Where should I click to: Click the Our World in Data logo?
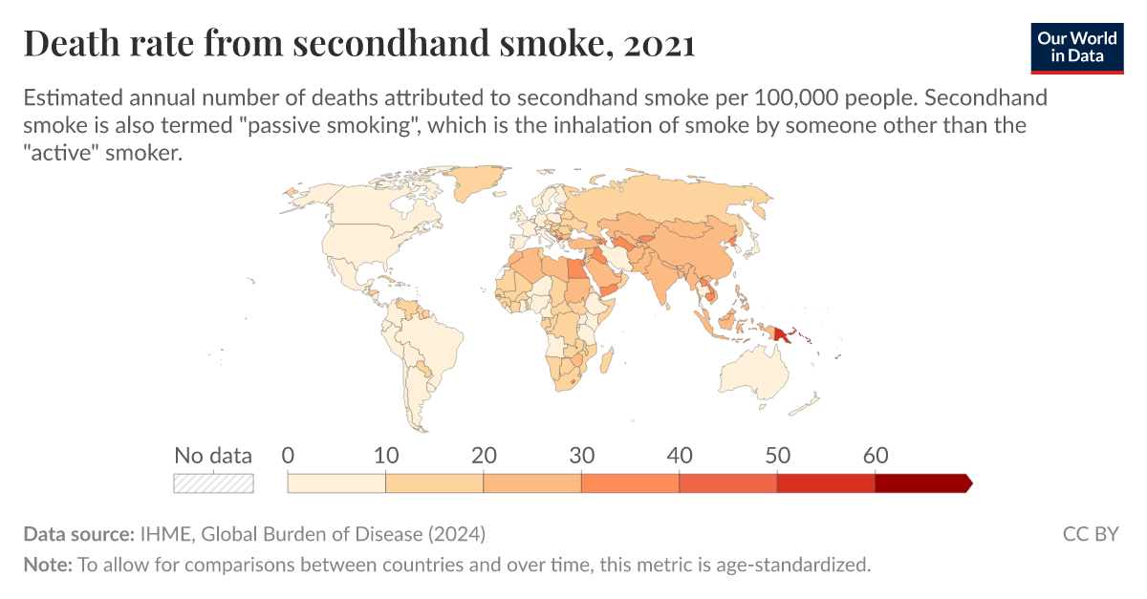click(x=1076, y=46)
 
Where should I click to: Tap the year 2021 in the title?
click(x=657, y=44)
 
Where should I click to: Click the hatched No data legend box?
click(x=213, y=483)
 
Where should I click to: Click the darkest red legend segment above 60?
click(x=921, y=483)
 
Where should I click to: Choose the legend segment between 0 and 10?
click(x=336, y=483)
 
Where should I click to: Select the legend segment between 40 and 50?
click(x=727, y=483)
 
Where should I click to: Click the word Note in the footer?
click(x=46, y=565)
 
